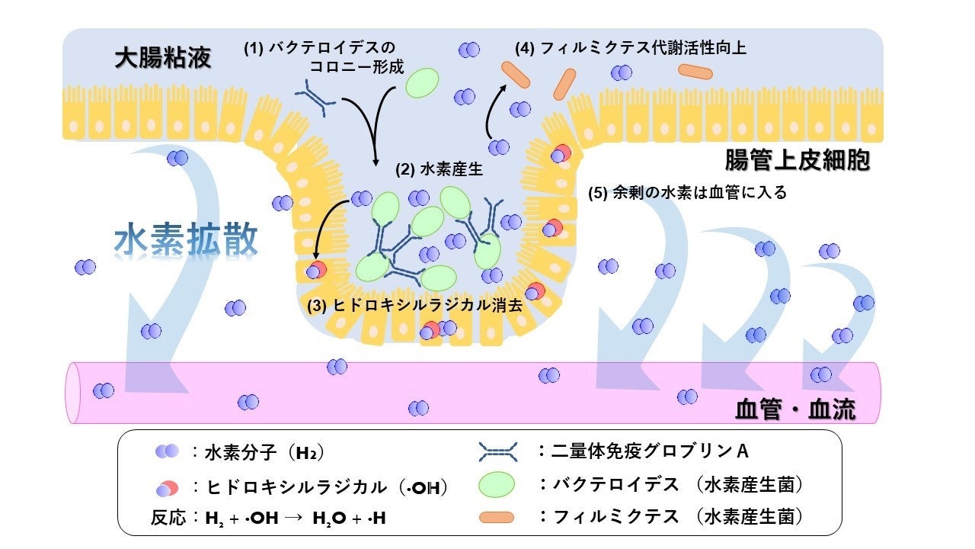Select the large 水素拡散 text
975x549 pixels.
(x=186, y=240)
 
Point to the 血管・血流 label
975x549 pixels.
(x=794, y=410)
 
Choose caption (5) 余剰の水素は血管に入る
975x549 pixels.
(x=687, y=192)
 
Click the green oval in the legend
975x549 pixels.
(x=497, y=485)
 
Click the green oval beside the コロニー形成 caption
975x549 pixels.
(x=422, y=82)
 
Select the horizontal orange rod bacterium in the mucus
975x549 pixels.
(x=695, y=72)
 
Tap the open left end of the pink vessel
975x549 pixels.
(x=74, y=392)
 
